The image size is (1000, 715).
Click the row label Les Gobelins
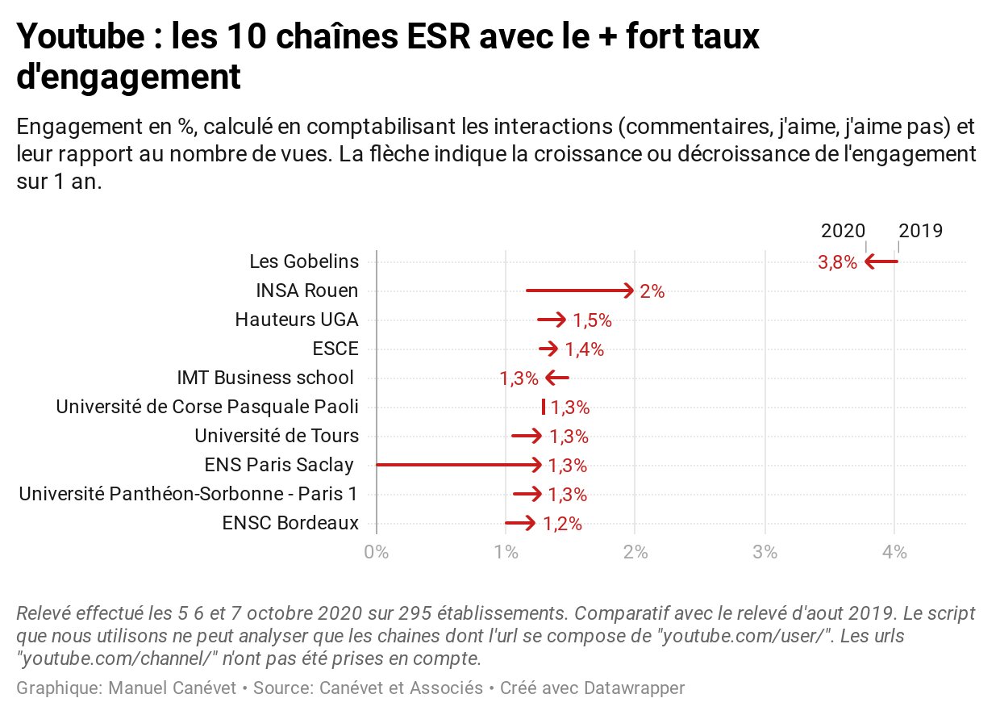pos(304,262)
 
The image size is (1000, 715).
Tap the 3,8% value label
pos(837,262)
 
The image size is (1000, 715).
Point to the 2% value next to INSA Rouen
pos(652,291)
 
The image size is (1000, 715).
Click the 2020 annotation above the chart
pos(843,231)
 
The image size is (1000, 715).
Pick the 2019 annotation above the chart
pos(920,231)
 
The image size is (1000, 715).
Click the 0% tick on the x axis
pos(377,553)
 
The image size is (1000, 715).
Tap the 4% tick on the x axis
pos(894,553)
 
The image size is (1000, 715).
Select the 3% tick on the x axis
pos(765,553)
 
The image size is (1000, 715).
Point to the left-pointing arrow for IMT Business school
pos(557,378)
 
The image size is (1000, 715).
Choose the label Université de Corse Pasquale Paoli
pos(207,407)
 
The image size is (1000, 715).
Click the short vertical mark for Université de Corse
pos(544,407)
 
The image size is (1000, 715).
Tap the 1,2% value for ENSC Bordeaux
pos(562,524)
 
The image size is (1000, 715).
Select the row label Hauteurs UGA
pos(297,320)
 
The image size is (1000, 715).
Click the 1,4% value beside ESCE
pos(584,349)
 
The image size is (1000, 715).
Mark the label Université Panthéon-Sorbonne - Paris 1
pos(189,494)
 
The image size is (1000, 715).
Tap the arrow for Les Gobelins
pos(881,261)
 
